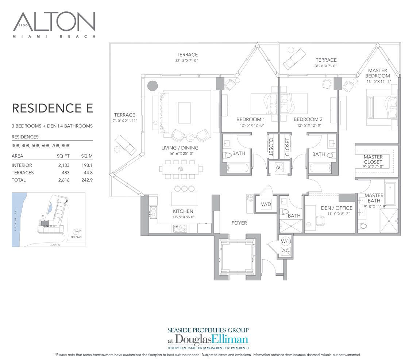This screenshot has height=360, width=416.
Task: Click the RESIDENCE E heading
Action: (x=53, y=108)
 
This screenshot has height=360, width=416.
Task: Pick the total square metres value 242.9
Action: (x=87, y=180)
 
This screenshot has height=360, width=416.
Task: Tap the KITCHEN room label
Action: (x=183, y=211)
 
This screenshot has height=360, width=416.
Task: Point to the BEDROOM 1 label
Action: (x=251, y=119)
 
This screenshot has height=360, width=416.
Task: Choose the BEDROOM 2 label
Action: (x=308, y=119)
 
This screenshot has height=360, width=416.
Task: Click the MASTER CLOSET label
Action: (x=373, y=159)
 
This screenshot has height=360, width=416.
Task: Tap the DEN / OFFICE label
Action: (x=336, y=208)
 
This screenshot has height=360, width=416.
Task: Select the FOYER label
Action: (x=239, y=223)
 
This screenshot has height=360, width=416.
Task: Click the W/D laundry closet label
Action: (x=266, y=204)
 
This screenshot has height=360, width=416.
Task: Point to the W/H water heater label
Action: (x=285, y=241)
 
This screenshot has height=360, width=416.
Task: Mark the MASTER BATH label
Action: (x=374, y=198)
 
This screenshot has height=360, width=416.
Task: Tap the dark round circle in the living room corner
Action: (x=152, y=86)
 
